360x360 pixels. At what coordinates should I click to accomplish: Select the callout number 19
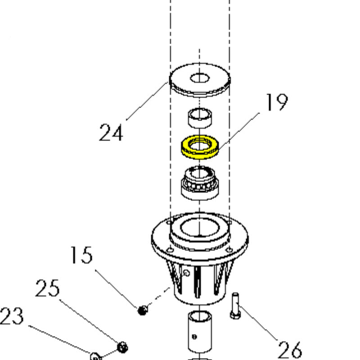(276, 102)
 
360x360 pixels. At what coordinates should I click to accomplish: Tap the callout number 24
(111, 132)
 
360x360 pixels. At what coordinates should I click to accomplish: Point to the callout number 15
(81, 255)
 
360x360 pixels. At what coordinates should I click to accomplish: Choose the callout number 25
(47, 288)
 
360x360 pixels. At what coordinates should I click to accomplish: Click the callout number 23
(12, 316)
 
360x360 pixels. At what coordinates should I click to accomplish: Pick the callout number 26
(290, 350)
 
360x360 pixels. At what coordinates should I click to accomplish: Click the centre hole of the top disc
(199, 78)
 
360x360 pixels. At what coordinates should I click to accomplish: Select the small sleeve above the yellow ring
(200, 118)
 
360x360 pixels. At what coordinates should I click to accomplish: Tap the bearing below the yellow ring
(200, 183)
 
